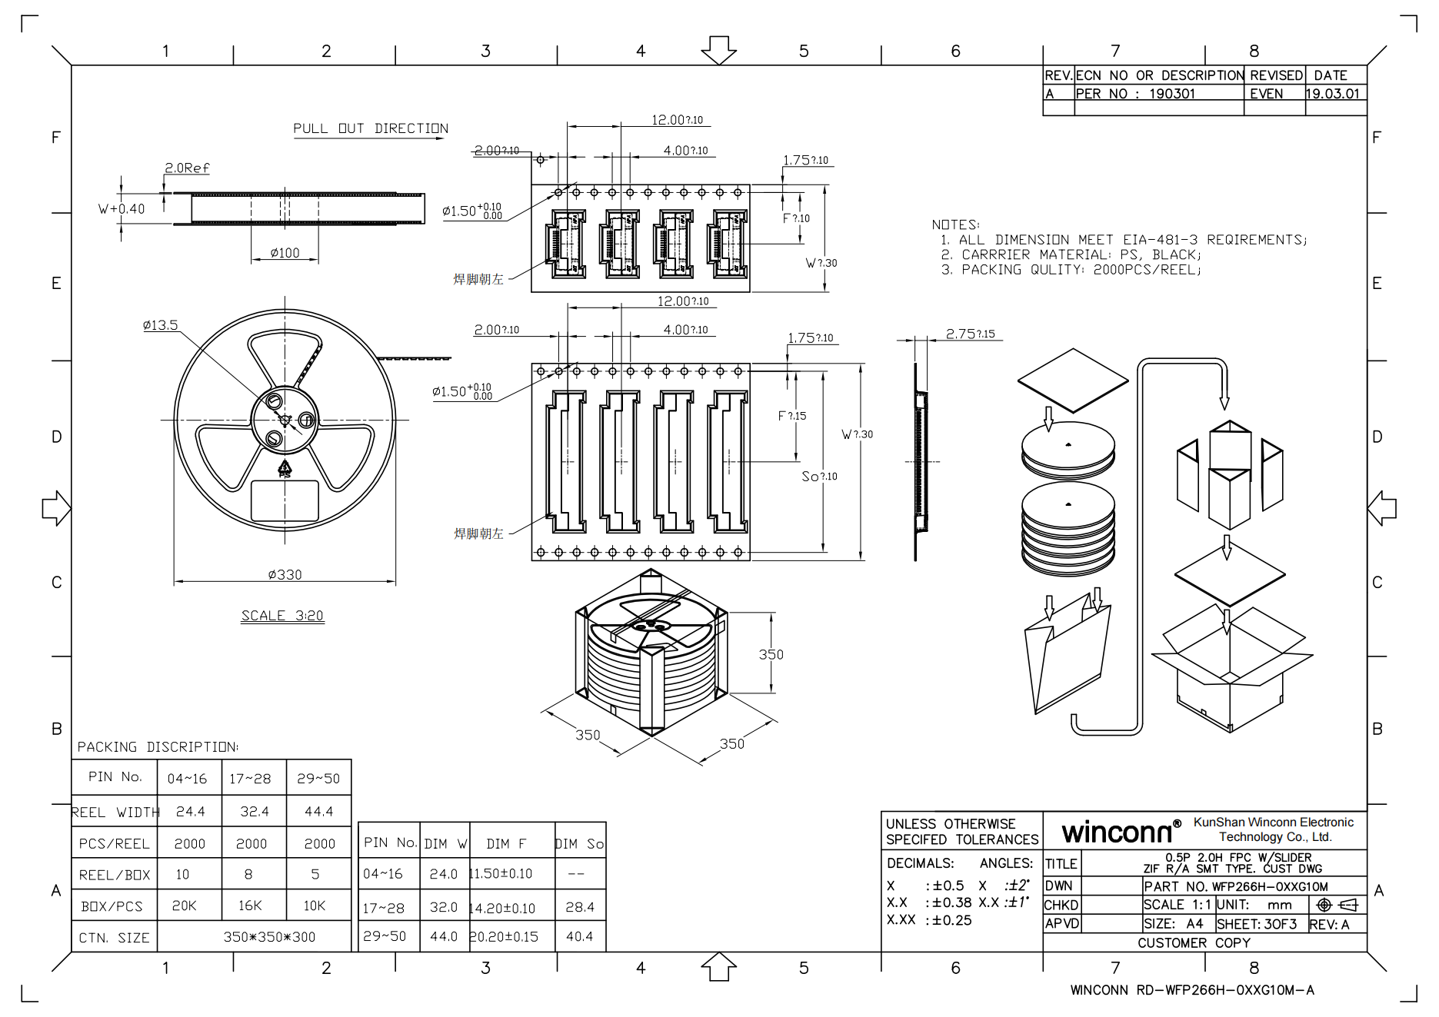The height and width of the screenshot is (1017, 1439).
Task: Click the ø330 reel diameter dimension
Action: coord(285,574)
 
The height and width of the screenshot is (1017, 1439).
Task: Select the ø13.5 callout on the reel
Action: coord(160,325)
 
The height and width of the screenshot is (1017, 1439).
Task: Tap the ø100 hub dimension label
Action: coord(285,253)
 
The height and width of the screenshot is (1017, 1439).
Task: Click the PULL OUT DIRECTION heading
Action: coord(370,128)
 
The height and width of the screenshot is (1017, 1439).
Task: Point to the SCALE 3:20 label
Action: coord(282,616)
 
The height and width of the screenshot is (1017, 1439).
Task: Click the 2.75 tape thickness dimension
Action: coord(970,334)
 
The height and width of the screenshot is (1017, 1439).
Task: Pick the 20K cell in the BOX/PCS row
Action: coord(185,906)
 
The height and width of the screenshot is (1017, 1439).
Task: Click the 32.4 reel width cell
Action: coord(254,811)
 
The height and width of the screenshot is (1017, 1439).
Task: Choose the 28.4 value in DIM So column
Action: coord(579,907)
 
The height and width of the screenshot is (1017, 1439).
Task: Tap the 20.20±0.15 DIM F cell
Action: coord(504,936)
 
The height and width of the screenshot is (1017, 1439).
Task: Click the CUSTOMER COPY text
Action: coord(1194,943)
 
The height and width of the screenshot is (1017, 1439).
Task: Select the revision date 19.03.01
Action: coord(1332,94)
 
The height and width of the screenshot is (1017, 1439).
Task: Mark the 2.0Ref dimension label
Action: coord(187,168)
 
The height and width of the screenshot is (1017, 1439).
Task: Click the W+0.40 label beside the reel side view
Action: coord(122,208)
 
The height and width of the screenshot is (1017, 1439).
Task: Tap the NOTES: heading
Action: coord(955,224)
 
